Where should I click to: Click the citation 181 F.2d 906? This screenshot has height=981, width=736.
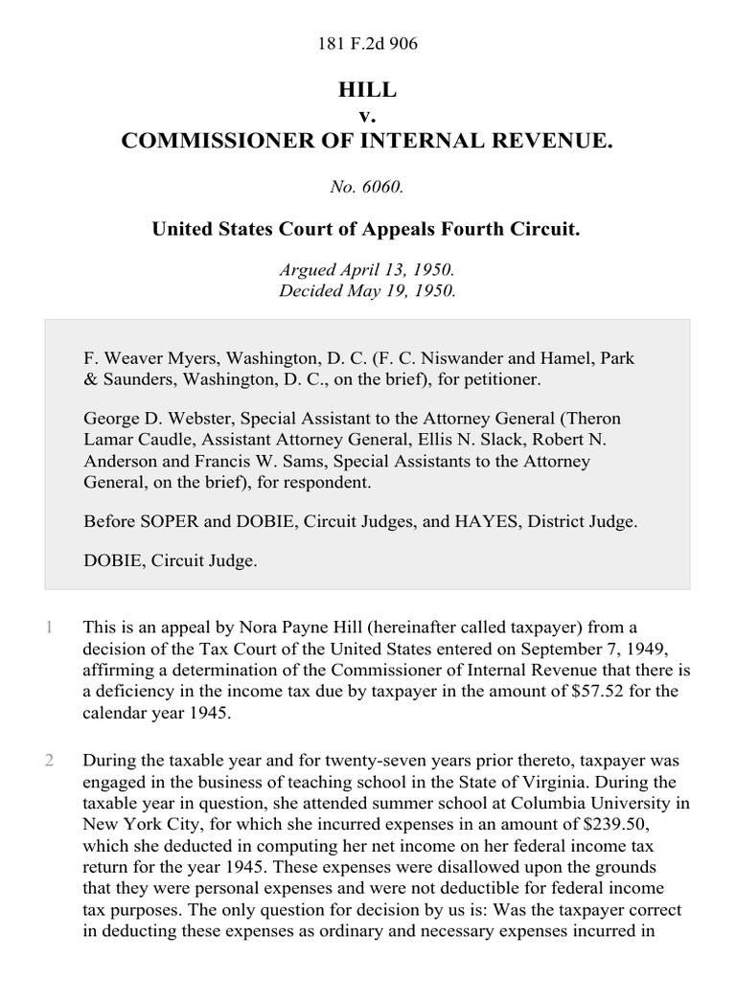367,44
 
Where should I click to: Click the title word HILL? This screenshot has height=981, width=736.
367,90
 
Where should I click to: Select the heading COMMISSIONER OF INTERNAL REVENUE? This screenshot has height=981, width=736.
367,141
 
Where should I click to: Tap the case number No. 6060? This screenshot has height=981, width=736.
367,188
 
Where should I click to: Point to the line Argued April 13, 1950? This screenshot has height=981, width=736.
367,271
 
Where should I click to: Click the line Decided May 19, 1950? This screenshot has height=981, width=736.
367,290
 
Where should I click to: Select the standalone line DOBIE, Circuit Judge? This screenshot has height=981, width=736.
171,561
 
